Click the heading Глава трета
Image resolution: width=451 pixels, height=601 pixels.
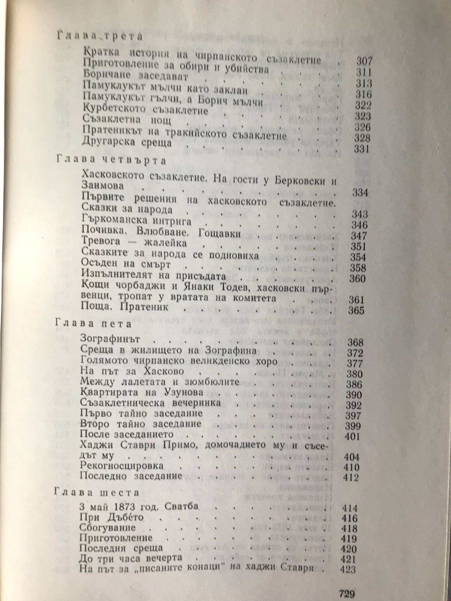pos(99,37)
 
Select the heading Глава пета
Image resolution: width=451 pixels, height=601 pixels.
pos(93,324)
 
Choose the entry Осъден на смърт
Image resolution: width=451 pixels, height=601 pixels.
pos(126,264)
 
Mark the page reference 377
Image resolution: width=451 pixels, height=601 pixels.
pos(355,364)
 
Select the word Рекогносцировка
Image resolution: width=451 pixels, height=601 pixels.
pos(122,465)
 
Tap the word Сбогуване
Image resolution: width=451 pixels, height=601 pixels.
pos(108,528)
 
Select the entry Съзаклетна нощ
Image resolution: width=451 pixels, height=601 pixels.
pos(127,121)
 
